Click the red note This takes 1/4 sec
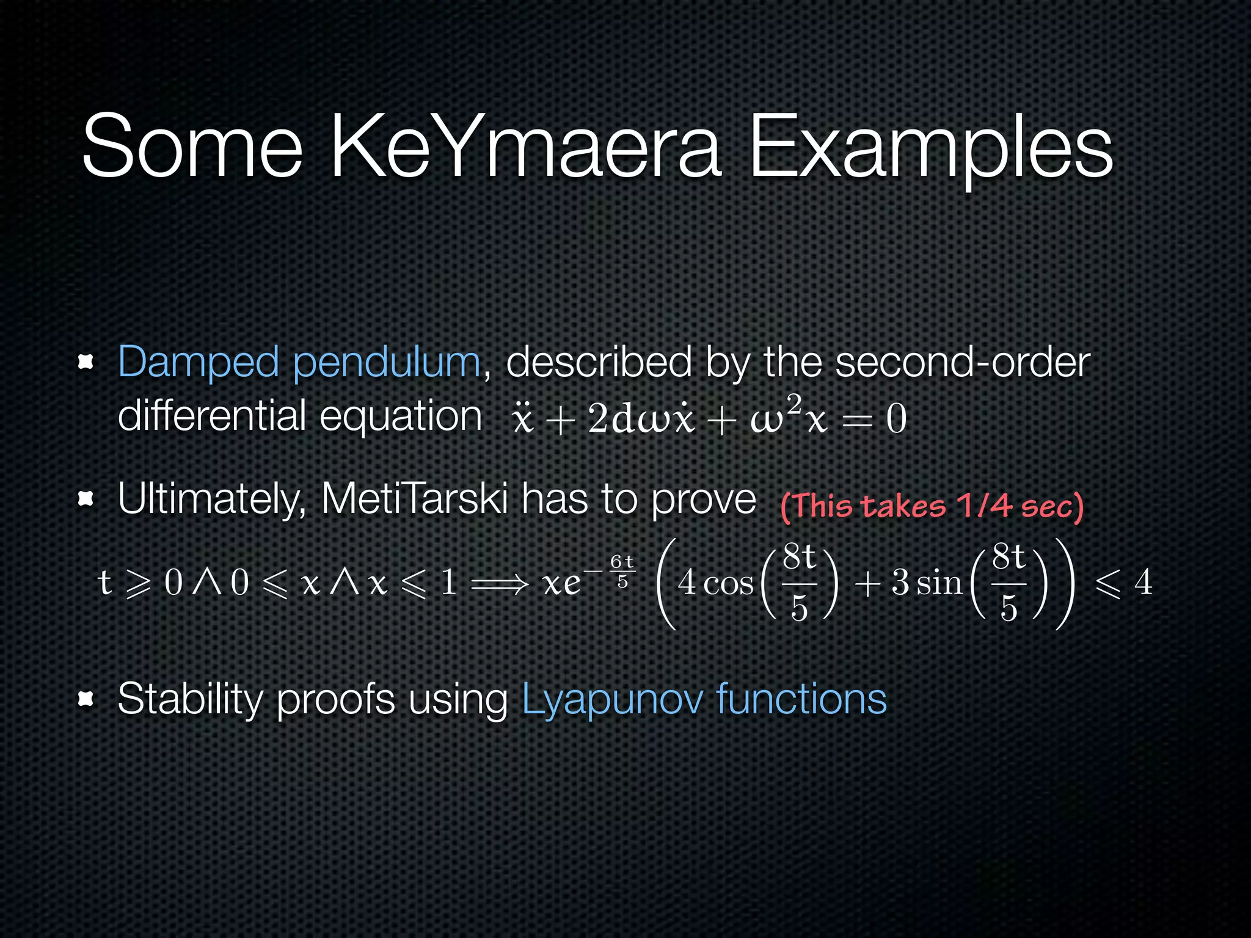pyautogui.click(x=932, y=507)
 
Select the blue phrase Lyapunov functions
pyautogui.click(x=704, y=699)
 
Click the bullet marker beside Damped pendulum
pyautogui.click(x=86, y=363)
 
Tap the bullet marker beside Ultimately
pyautogui.click(x=86, y=500)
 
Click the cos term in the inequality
pyautogui.click(x=728, y=583)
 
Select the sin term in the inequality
pyautogui.click(x=939, y=583)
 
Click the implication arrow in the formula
pyautogui.click(x=500, y=584)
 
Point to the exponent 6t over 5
pyautogui.click(x=622, y=572)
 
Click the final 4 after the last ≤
pyautogui.click(x=1143, y=583)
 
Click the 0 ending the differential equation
pyautogui.click(x=896, y=420)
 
